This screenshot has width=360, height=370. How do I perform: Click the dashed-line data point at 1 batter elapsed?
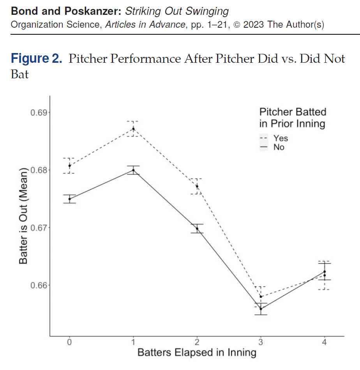coord(133,129)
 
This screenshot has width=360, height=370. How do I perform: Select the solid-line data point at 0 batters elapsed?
coord(69,199)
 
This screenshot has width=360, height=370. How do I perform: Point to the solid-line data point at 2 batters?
coord(197,228)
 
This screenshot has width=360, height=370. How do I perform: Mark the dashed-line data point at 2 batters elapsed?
coord(197,186)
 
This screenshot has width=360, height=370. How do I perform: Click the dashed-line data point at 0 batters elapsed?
coord(69,166)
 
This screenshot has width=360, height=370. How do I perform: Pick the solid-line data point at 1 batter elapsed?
coord(133,170)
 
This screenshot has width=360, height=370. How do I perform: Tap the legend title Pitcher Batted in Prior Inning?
coord(293,118)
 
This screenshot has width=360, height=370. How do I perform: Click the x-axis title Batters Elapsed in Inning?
coord(197,353)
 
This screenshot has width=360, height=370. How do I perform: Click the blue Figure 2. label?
coord(36,59)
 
